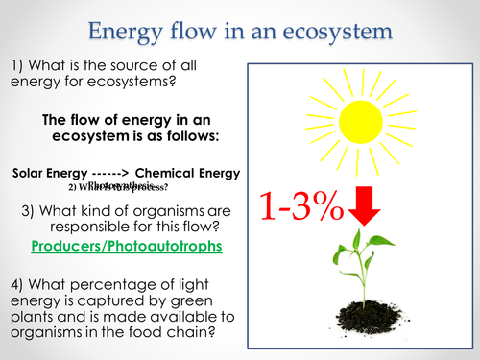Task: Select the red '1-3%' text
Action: pos(300,204)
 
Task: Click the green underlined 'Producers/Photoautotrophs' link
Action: pos(126,246)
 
